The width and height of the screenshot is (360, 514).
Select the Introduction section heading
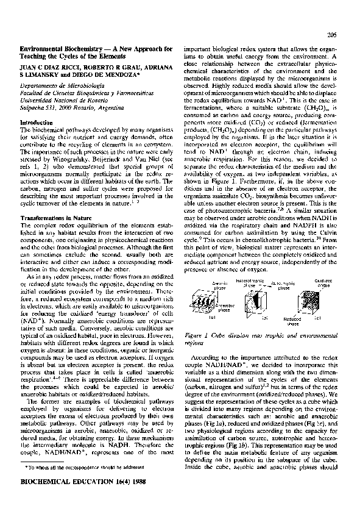pyautogui.click(x=38, y=123)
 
